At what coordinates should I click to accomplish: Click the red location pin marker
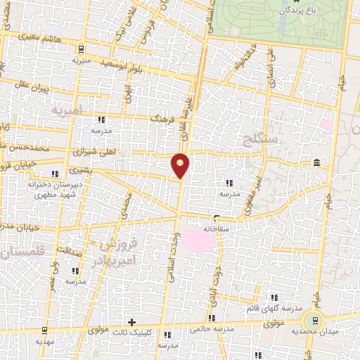(x=181, y=165)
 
